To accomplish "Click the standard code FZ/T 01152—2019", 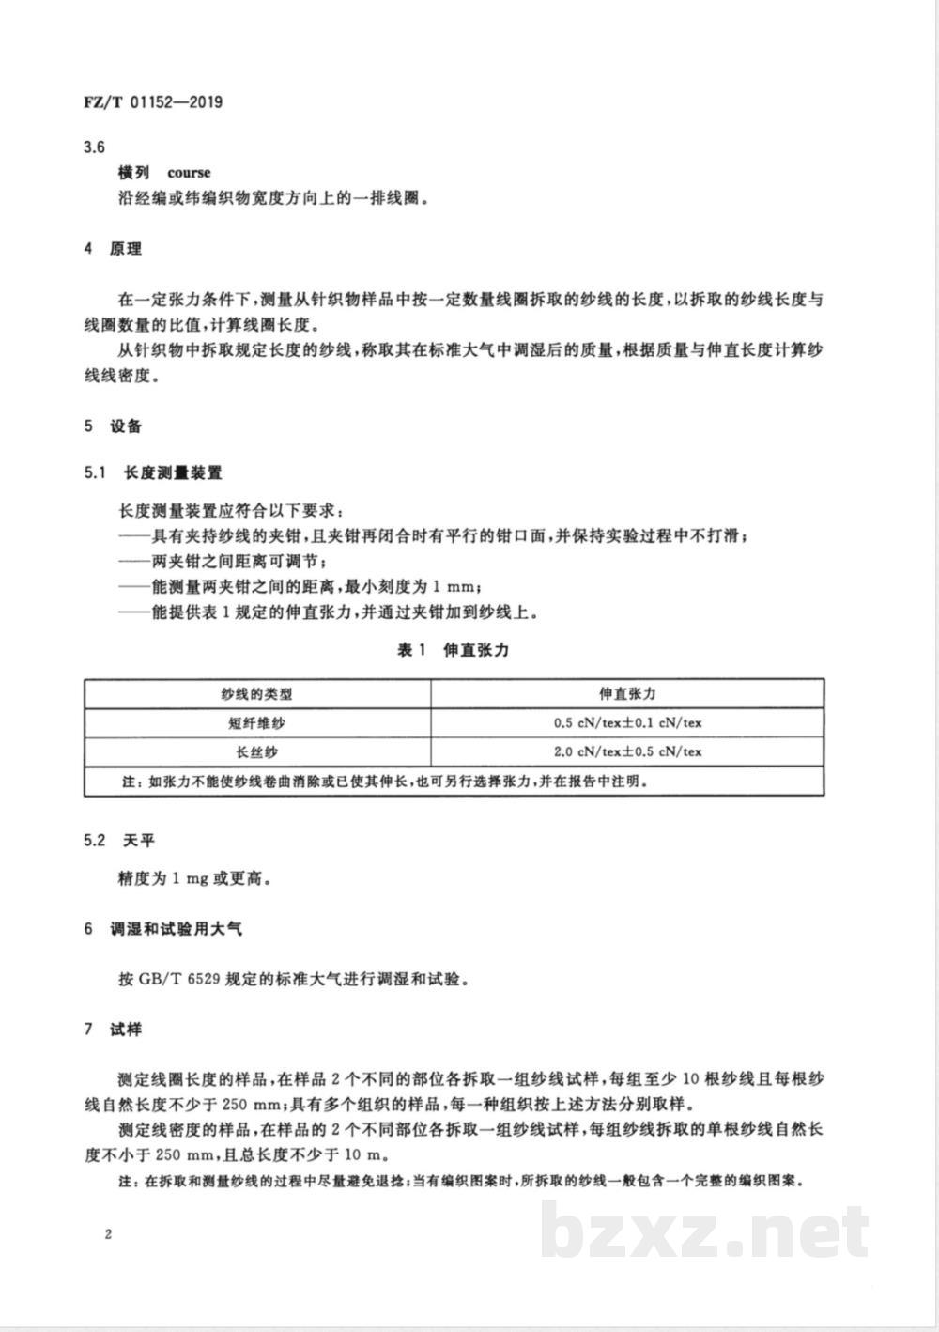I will tap(153, 101).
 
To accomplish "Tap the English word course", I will tap(189, 173).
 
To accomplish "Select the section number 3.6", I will tap(94, 147).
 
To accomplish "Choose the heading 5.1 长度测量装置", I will tap(153, 474).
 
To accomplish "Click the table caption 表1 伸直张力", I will tap(454, 650).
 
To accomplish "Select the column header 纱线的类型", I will tap(256, 694).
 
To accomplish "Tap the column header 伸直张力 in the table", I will tap(627, 694).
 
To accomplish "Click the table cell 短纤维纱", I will tap(256, 723).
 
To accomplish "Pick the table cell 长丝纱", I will tap(256, 751).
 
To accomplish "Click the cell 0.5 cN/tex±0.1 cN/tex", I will tap(627, 723).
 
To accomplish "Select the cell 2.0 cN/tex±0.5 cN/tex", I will tap(627, 751).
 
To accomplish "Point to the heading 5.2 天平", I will tap(119, 840).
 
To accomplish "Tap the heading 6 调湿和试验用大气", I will tap(163, 929).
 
